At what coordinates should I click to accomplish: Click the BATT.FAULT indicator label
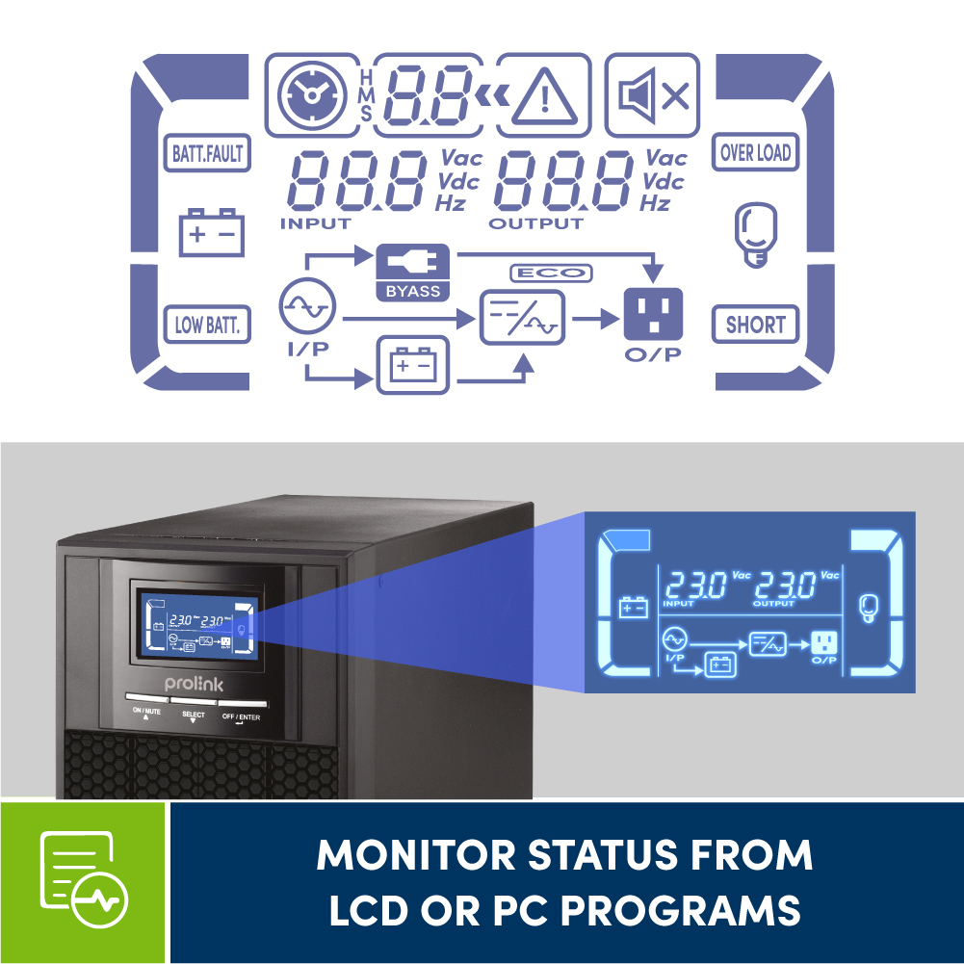coord(207,152)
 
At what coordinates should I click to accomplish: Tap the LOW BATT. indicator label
coord(206,325)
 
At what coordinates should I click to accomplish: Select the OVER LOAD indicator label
coord(756,152)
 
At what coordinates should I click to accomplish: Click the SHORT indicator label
coord(756,325)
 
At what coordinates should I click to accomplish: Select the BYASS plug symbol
coord(412,261)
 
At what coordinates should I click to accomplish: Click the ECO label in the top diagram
coord(551,274)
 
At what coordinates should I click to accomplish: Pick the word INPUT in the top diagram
coord(316,223)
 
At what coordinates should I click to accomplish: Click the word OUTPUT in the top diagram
coord(535,223)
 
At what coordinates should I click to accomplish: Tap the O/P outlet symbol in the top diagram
coord(653,314)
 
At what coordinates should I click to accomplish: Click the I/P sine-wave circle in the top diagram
coord(307,309)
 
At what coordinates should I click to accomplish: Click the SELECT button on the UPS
coord(194,702)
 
